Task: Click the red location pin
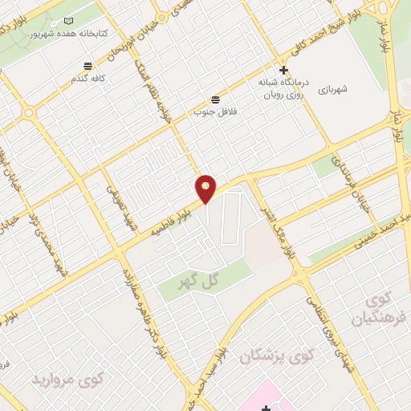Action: (207, 188)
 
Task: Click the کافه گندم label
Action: (87, 80)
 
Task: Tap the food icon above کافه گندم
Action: (87, 66)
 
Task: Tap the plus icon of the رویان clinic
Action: (283, 71)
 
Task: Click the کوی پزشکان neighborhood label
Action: (271, 355)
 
